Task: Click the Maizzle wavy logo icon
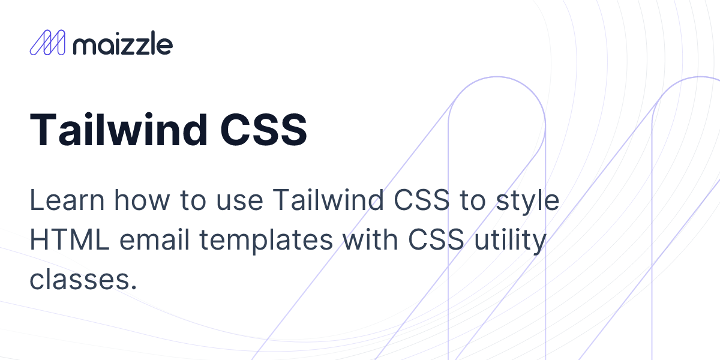(x=47, y=43)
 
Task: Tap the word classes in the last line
(x=76, y=280)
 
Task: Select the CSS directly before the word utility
(x=435, y=241)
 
